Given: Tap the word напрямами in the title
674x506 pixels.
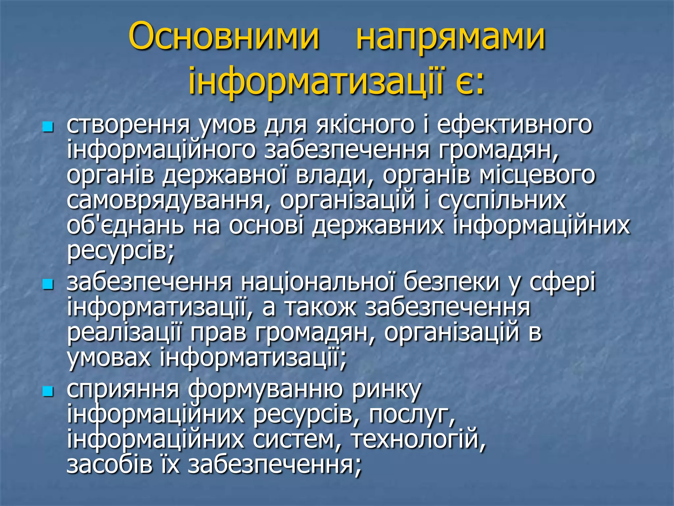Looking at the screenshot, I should click(x=451, y=39).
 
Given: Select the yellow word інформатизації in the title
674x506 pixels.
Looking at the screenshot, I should click(x=316, y=81).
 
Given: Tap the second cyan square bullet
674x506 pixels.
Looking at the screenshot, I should click(x=48, y=284).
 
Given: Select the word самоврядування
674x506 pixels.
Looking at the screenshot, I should click(x=165, y=201).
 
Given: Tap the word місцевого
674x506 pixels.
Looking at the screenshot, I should click(x=537, y=176).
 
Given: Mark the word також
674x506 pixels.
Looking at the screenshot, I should click(x=321, y=308).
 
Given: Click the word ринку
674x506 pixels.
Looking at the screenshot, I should click(x=386, y=390).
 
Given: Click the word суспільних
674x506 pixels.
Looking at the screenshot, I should click(x=502, y=201).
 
